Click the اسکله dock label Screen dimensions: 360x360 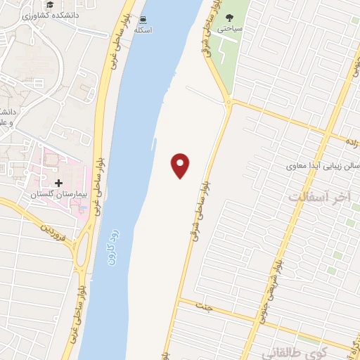pos(143,31)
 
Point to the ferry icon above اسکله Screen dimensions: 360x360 pos(143,20)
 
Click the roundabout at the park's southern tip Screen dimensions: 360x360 pos(229,103)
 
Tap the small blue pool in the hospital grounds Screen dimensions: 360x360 pos(84,210)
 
